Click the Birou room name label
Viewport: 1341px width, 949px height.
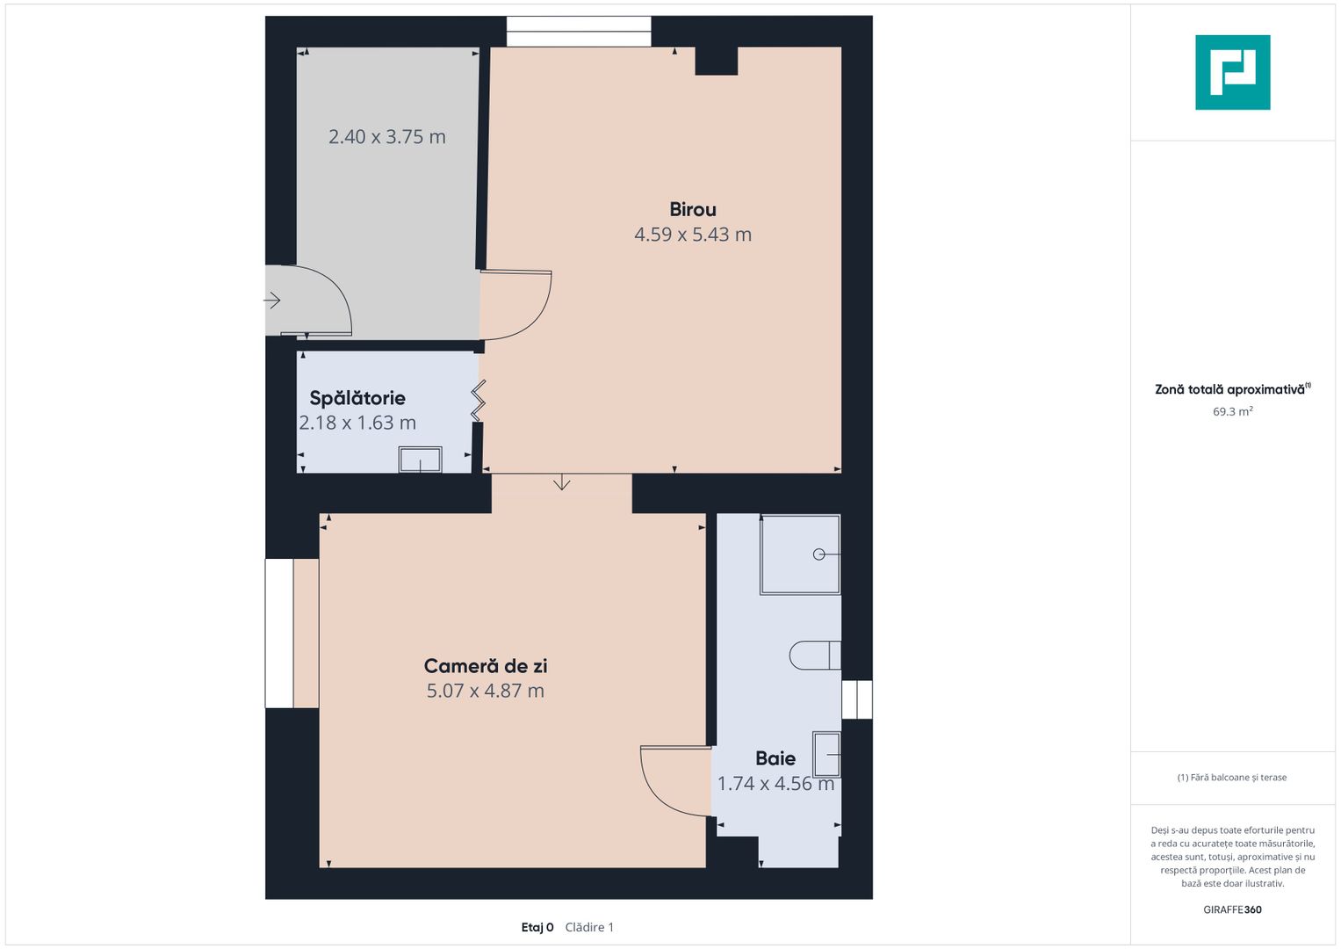tap(693, 210)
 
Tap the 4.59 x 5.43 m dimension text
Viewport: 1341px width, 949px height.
tap(693, 235)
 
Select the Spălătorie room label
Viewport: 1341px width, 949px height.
tap(357, 398)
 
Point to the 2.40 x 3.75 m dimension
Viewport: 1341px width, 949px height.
tap(386, 136)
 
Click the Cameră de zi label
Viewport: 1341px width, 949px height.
tap(486, 666)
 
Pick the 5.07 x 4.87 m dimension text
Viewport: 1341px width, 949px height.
tap(486, 691)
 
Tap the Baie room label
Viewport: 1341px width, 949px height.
tap(775, 758)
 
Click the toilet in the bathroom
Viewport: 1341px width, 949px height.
tap(815, 656)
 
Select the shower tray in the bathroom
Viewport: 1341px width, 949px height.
tap(800, 554)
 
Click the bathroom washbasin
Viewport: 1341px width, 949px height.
tap(826, 754)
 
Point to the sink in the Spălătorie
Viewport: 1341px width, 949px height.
tap(421, 460)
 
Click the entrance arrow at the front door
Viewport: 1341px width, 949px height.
tap(272, 301)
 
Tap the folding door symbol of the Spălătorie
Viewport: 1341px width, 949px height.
tap(478, 400)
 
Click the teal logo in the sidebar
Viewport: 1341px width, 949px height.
tap(1233, 72)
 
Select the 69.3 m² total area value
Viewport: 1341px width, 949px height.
tap(1233, 411)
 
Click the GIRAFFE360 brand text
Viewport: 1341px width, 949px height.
tap(1232, 909)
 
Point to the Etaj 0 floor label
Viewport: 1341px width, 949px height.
tap(537, 927)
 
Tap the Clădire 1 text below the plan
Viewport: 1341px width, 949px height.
tap(589, 927)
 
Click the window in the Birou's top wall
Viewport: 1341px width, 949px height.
tap(579, 31)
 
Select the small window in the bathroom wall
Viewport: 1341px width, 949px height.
tap(857, 699)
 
